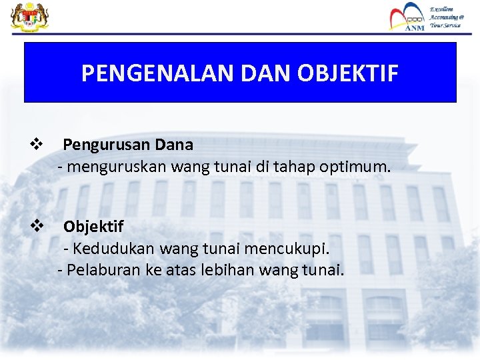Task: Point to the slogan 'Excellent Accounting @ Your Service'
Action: point(445,17)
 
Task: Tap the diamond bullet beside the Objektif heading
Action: point(37,226)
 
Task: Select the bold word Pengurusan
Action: point(107,145)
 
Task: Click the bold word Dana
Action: point(175,145)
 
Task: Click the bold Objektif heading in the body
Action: point(93,227)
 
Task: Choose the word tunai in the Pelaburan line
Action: point(323,271)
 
